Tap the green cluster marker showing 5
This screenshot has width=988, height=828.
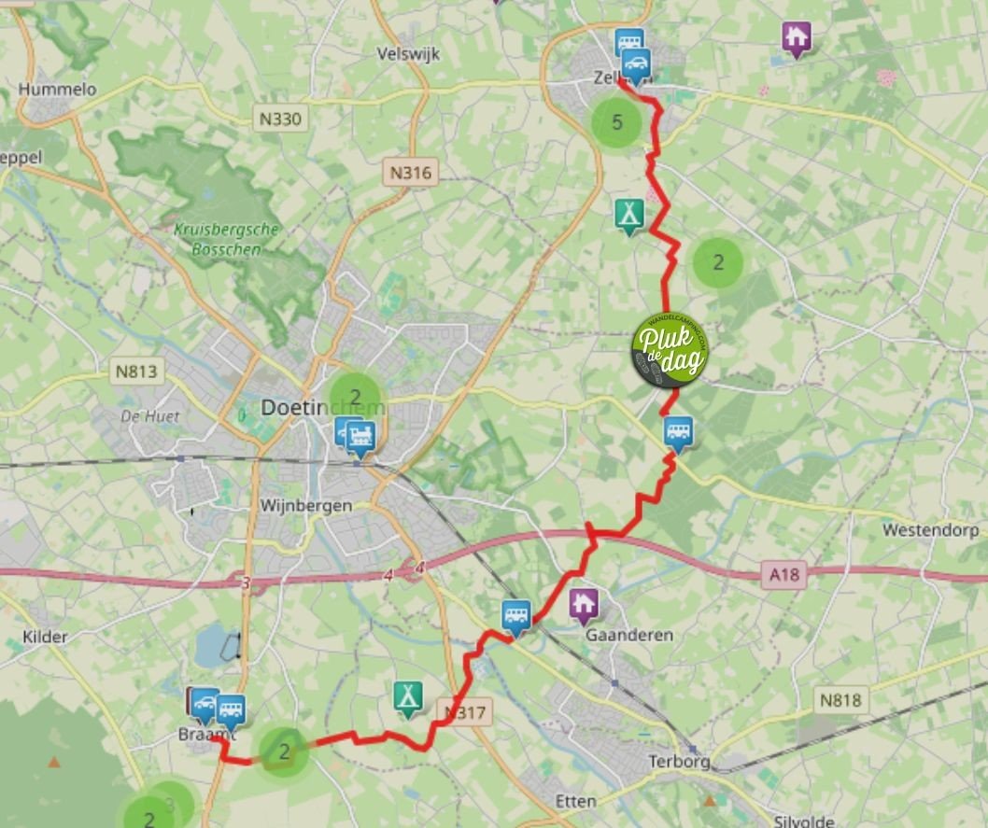click(x=616, y=122)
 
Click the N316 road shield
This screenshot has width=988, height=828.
click(x=410, y=173)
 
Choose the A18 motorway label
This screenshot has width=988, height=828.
click(x=784, y=575)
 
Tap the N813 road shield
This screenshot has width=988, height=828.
click(x=136, y=372)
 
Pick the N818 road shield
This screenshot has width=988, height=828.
click(x=842, y=699)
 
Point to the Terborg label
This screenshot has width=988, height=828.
click(x=679, y=762)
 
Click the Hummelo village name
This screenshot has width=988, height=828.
click(x=57, y=90)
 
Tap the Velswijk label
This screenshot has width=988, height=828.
click(x=408, y=54)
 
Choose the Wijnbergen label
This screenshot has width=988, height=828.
click(x=306, y=506)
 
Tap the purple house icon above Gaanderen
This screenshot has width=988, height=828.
click(x=584, y=605)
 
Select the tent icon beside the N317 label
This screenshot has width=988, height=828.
click(x=407, y=695)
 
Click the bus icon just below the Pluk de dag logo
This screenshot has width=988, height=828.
click(x=679, y=432)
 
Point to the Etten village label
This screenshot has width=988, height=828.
click(x=575, y=801)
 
